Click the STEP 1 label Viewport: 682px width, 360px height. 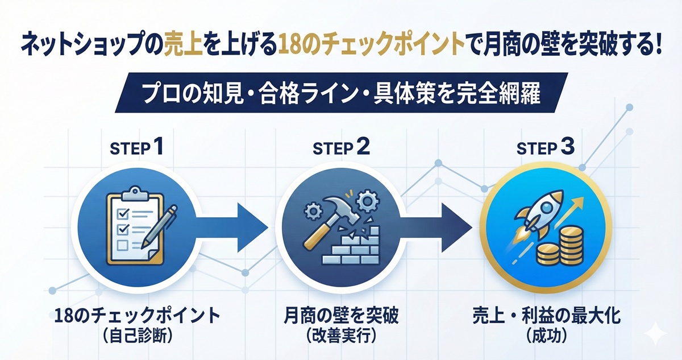pos(136,149)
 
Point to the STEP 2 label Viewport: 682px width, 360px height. pos(342,149)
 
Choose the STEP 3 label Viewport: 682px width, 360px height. pos(546,149)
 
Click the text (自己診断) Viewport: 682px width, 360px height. pos(136,336)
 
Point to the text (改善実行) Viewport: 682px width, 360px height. pos(342,336)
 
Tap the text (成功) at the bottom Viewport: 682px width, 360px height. pos(546,336)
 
